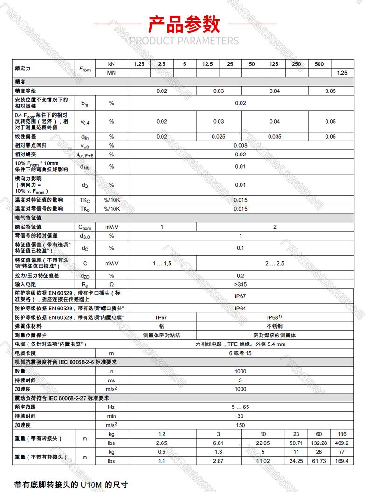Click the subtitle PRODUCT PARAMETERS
pyautogui.click(x=184, y=41)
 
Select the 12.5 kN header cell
pyautogui.click(x=207, y=64)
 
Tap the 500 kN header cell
pyautogui.click(x=319, y=64)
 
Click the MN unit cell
pyautogui.click(x=112, y=73)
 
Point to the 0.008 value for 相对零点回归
pyautogui.click(x=240, y=145)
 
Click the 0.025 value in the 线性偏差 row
pyautogui.click(x=219, y=137)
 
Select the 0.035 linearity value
pyautogui.click(x=275, y=137)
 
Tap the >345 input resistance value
pyautogui.click(x=240, y=284)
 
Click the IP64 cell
pyautogui.click(x=240, y=309)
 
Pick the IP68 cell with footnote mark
pyautogui.click(x=275, y=317)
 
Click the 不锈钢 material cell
pyautogui.click(x=275, y=326)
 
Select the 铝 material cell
pyautogui.click(x=162, y=326)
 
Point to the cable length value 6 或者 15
pyautogui.click(x=240, y=353)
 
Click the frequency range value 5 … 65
pyautogui.click(x=240, y=407)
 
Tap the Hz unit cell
pyautogui.click(x=112, y=407)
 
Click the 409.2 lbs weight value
pyautogui.click(x=341, y=443)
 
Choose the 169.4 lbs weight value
pyautogui.click(x=341, y=461)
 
